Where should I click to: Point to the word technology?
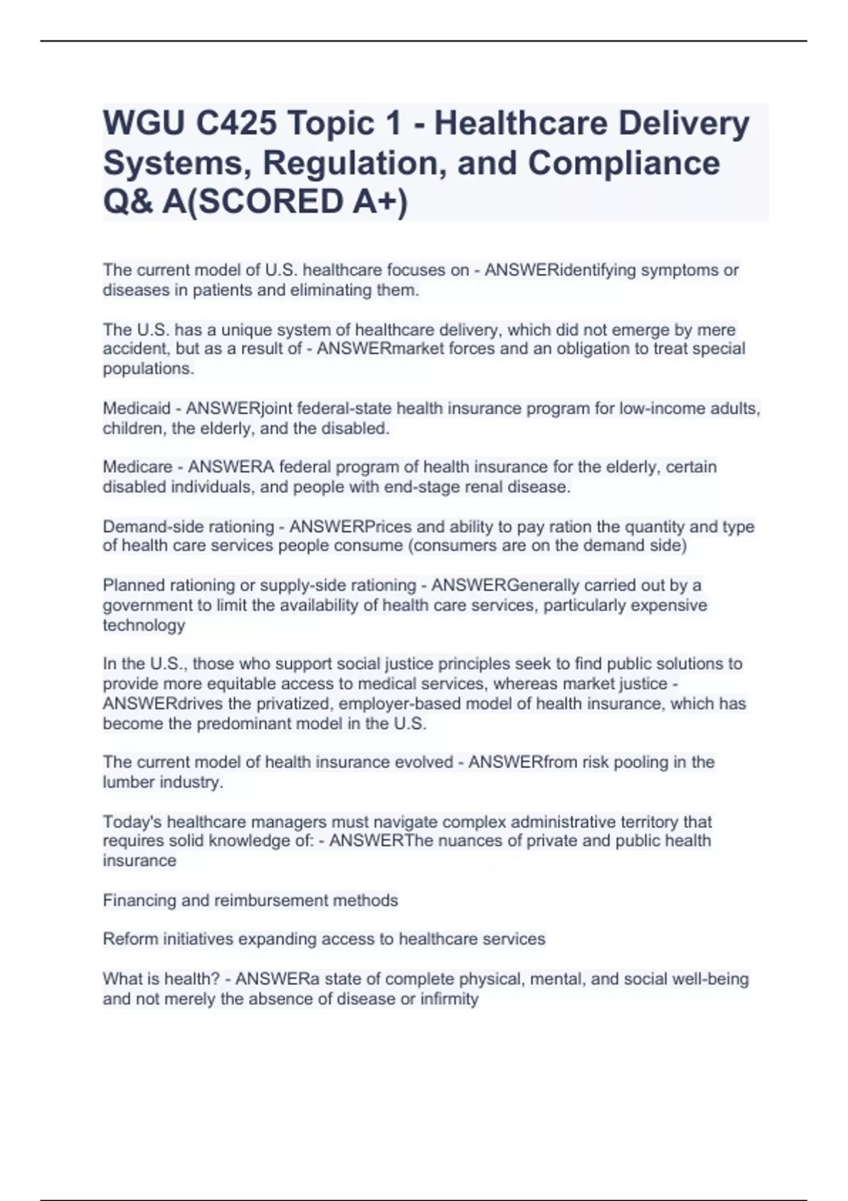[143, 625]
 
